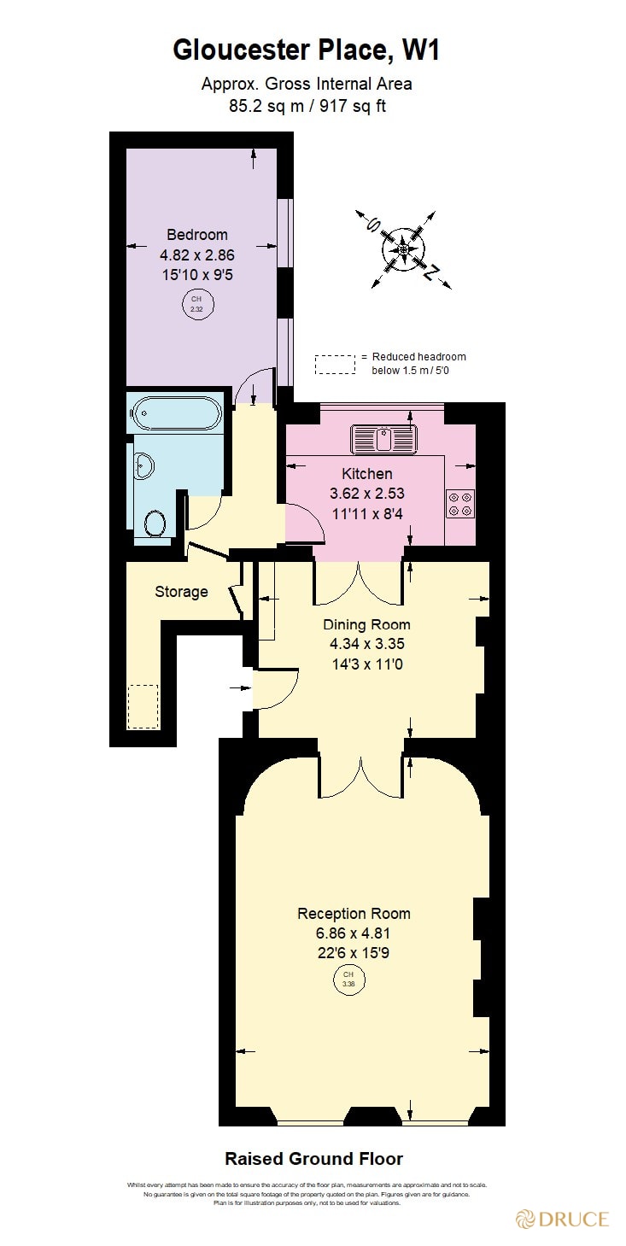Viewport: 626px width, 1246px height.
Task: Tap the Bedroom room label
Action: (196, 235)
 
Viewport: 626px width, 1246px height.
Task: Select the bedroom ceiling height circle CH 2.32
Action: (196, 304)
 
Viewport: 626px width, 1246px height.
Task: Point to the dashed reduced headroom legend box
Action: (335, 364)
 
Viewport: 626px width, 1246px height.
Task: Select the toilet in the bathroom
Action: (155, 522)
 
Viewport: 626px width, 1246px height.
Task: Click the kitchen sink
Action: (384, 439)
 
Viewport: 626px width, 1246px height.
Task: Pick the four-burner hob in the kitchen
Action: (461, 503)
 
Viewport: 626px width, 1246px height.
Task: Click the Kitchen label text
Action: (367, 474)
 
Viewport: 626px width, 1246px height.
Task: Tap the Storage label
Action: (181, 592)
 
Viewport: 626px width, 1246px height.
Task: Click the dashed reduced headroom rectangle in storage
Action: (143, 706)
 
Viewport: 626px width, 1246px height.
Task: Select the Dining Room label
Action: (366, 624)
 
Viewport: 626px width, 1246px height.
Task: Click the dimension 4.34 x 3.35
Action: (366, 643)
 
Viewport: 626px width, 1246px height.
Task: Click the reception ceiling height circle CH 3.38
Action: (348, 979)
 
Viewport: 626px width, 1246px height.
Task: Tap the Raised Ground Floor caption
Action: (313, 1159)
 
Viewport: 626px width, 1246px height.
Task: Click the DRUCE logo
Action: (562, 1219)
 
